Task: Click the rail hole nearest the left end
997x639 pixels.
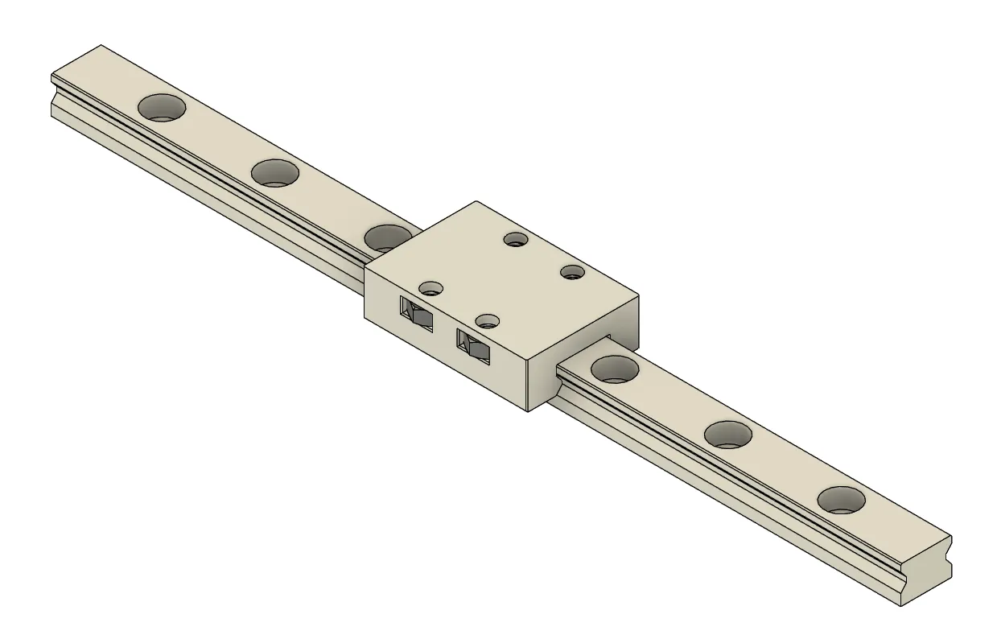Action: (x=162, y=106)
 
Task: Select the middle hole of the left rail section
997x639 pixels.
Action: (x=275, y=172)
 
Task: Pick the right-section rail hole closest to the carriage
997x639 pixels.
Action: (x=615, y=368)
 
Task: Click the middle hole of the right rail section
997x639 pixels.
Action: (x=728, y=434)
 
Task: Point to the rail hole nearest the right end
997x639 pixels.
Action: (x=842, y=500)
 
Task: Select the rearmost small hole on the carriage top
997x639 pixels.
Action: (x=514, y=238)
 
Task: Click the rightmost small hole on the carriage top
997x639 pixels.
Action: (x=572, y=271)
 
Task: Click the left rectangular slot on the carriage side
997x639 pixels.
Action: (x=417, y=312)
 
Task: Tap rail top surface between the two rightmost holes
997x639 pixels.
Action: (x=785, y=467)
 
